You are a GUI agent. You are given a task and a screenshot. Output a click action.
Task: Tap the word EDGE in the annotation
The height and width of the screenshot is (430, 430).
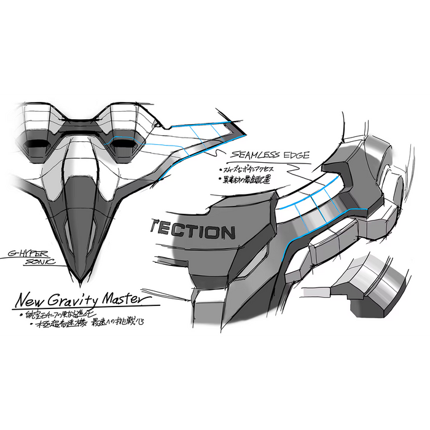[x=294, y=155]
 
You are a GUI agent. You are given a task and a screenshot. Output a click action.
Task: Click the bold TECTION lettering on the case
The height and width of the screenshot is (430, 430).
[x=192, y=232]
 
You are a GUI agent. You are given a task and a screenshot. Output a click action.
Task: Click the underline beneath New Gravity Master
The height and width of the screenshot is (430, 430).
[x=86, y=307]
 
